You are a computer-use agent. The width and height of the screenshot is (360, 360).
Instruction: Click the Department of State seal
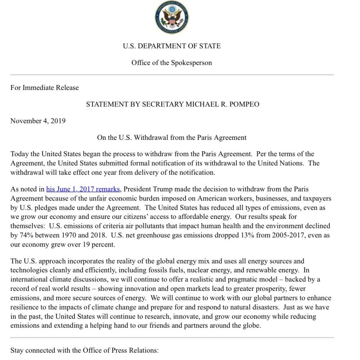[171, 17]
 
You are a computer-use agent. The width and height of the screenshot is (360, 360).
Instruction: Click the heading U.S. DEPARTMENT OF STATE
[171, 46]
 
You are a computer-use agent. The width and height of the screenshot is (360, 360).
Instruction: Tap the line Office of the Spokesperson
[171, 63]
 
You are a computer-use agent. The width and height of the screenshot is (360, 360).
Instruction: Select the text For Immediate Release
[45, 87]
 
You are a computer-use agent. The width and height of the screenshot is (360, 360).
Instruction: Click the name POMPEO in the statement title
[244, 104]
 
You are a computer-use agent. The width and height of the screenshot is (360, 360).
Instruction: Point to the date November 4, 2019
[38, 121]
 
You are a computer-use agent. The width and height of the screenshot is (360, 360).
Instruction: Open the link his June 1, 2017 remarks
[83, 189]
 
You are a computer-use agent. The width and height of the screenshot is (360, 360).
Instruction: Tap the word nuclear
[211, 270]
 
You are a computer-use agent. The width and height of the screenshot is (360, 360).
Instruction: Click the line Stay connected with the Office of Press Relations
[84, 351]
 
